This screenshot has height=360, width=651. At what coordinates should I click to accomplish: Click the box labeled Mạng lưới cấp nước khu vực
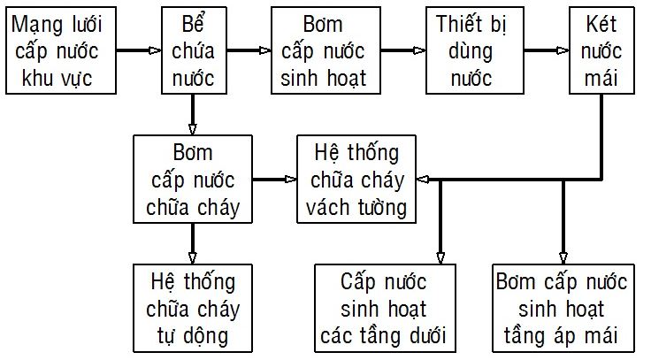pos(61,50)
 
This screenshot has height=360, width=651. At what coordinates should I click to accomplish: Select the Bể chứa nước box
pos(194,50)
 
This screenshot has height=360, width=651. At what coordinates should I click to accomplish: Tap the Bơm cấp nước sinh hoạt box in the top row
pos(325,50)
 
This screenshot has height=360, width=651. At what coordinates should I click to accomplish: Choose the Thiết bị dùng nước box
pos(475,50)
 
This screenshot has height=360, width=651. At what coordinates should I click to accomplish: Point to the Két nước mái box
pos(601,50)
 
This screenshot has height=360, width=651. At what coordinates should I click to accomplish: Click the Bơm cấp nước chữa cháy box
pos(193,179)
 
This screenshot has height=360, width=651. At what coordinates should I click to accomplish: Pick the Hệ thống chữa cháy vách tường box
pos(356,179)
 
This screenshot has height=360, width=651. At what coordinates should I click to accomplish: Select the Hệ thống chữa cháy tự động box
pos(193,308)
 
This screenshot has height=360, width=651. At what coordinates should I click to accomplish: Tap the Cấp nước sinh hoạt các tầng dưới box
pos(385,308)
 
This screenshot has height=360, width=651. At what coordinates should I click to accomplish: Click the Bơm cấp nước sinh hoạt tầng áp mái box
pos(563,308)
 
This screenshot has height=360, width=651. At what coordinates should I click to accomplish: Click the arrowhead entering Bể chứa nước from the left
pos(155,50)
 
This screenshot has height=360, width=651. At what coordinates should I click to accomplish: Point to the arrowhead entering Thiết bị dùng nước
pos(419,50)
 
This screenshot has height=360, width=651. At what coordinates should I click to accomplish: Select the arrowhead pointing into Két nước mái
pos(563,50)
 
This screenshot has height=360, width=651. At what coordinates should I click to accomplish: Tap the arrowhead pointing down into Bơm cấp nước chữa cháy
pos(192,129)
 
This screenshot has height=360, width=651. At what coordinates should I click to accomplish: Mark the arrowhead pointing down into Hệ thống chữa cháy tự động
pos(192,257)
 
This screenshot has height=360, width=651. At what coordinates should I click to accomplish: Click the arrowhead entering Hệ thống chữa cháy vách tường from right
pos(422,180)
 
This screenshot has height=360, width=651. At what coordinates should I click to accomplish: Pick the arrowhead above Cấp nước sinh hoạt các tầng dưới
pos(440,257)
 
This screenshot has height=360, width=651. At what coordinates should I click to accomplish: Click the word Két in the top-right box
pos(601,24)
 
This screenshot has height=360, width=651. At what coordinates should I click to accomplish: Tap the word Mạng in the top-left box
pos(39,26)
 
